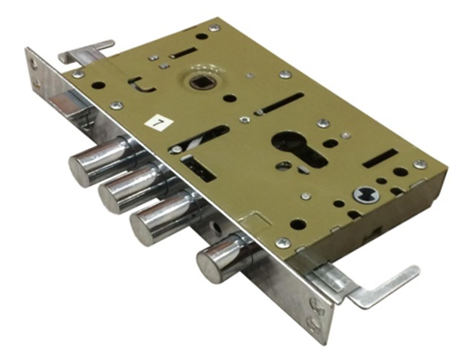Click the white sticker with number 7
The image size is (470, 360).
click(159, 123)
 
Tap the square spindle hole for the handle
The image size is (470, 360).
click(200, 82)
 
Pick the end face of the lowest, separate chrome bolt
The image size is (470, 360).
click(208, 262)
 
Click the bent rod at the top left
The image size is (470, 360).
click(86, 51)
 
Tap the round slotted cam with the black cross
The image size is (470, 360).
click(366, 194)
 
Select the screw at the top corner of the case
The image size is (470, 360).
click(215, 27)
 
